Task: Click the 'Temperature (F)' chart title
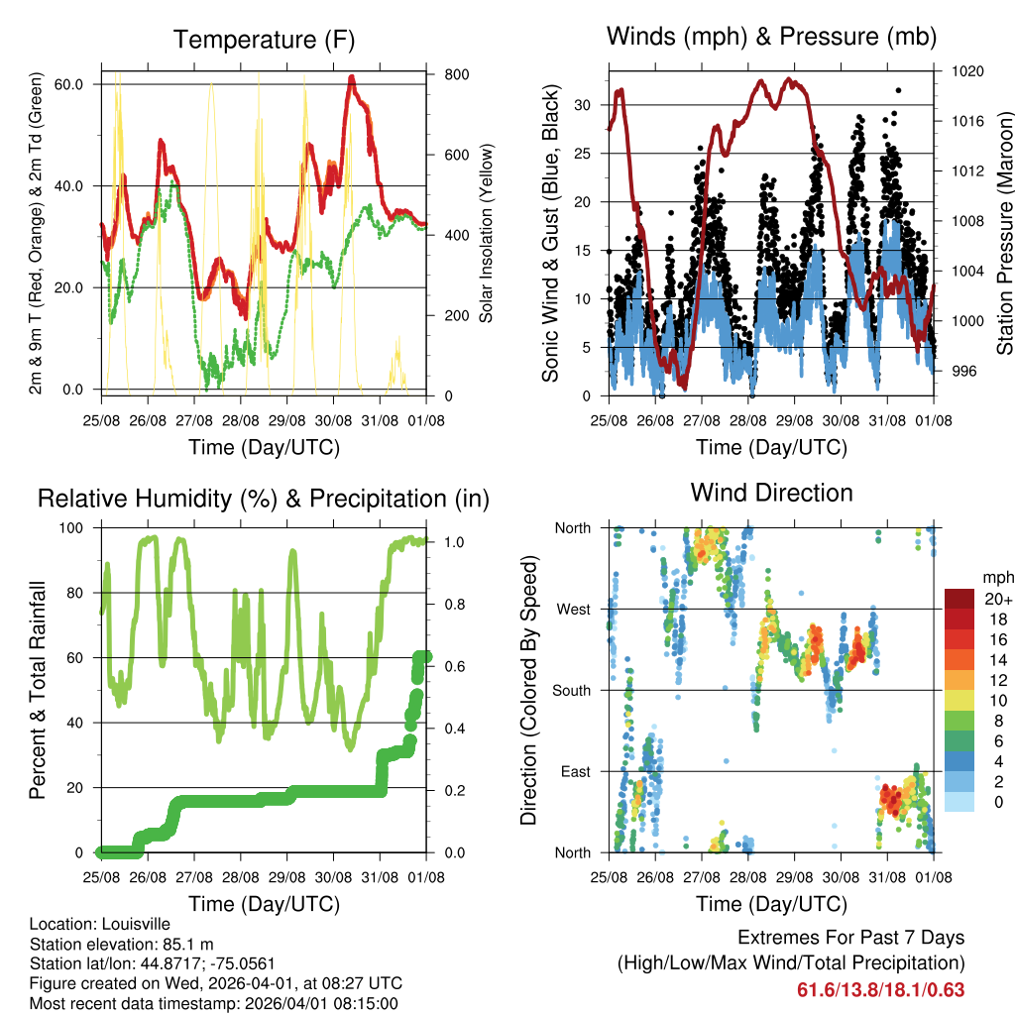coord(264,40)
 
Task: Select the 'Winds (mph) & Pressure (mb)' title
coord(771,37)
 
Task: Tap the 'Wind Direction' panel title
coord(771,493)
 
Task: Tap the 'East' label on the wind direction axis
coord(575,771)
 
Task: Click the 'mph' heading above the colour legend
coord(995,577)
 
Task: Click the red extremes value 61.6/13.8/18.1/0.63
coord(880,989)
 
